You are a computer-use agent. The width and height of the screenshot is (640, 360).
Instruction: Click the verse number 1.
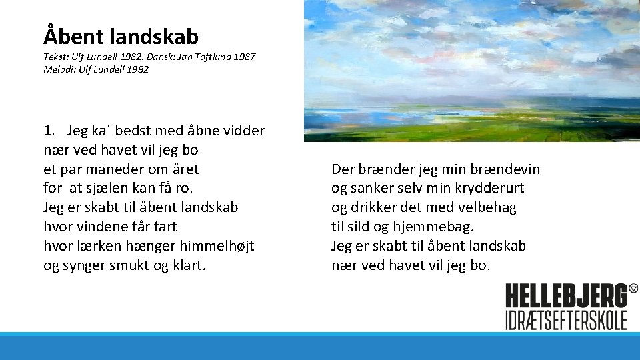48,131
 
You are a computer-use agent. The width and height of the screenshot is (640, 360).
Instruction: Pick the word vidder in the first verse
244,131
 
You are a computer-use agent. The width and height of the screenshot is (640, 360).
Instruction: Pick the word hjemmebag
437,227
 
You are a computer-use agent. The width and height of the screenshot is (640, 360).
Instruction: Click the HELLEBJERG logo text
566,296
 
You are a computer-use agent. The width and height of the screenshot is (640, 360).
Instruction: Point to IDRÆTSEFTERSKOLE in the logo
566,319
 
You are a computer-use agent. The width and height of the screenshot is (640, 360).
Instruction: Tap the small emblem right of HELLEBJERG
633,288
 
